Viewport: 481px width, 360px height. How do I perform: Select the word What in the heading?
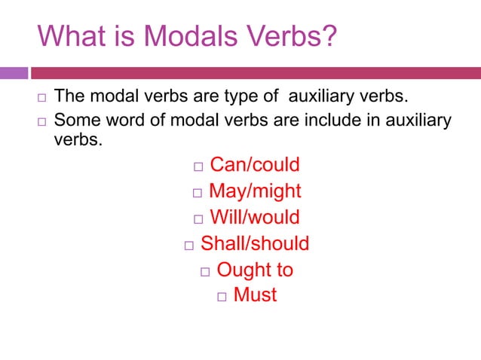[69, 36]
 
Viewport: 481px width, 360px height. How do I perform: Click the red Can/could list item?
[254, 165]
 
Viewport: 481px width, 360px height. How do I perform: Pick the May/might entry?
[255, 191]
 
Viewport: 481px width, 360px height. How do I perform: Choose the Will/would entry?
[254, 218]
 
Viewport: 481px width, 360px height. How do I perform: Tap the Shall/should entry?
[255, 243]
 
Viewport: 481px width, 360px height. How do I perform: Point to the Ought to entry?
[255, 270]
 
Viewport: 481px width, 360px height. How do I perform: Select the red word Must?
[255, 294]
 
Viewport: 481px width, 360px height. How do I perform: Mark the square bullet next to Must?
[222, 296]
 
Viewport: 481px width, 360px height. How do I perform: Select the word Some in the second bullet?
[78, 120]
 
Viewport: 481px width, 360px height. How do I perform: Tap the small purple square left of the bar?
[13, 73]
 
